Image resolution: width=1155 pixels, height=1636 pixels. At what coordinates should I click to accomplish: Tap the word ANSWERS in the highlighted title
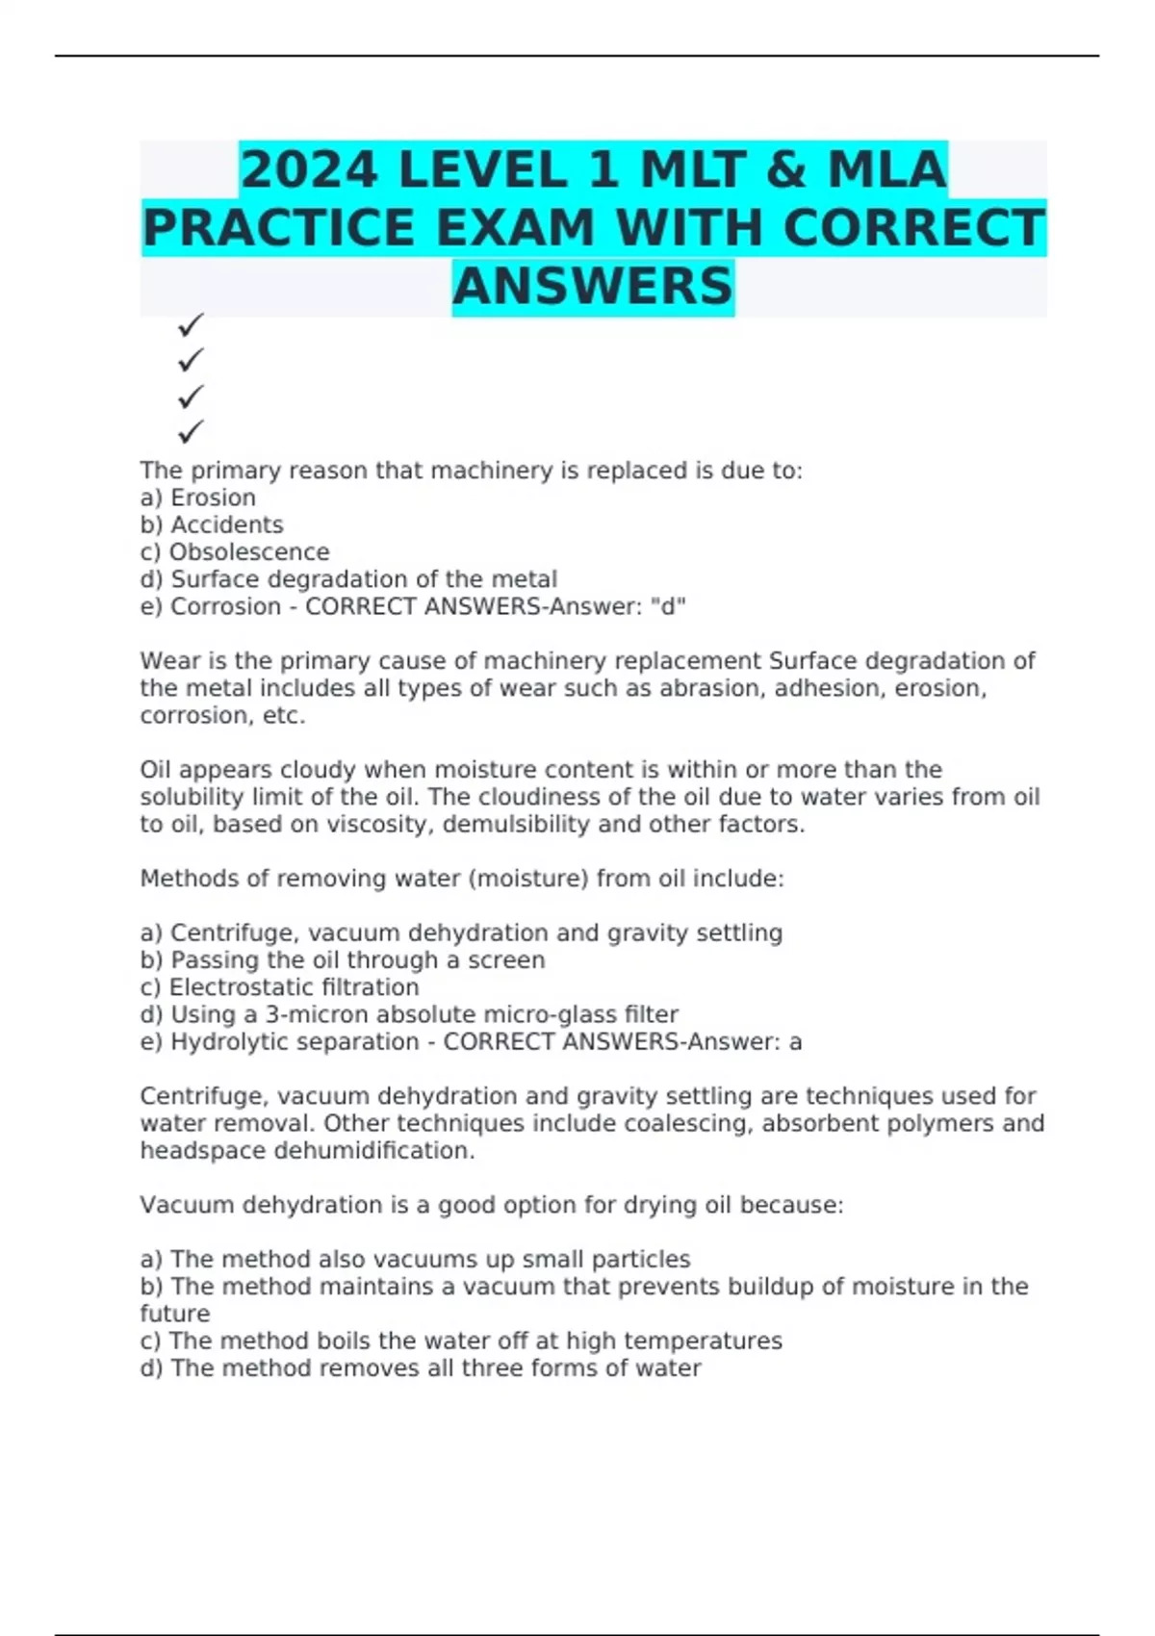pos(593,287)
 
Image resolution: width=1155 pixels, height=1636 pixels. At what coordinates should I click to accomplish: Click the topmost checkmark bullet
pos(191,325)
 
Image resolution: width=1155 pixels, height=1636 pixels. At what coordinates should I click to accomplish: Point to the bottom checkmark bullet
pos(191,431)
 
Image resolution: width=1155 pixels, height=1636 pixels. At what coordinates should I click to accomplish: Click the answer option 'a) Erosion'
pos(198,498)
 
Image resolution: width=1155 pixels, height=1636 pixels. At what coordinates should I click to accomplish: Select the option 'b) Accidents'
pos(212,524)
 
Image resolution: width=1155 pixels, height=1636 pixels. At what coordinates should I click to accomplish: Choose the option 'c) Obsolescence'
pos(235,552)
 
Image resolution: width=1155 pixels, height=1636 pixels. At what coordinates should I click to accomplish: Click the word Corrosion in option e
pos(225,606)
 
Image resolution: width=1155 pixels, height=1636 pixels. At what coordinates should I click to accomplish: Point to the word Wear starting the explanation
pos(164,661)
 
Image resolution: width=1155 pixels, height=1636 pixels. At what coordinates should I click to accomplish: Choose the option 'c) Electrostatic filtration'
pos(279,987)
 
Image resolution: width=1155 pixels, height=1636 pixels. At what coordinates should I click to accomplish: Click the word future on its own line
pos(175,1314)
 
